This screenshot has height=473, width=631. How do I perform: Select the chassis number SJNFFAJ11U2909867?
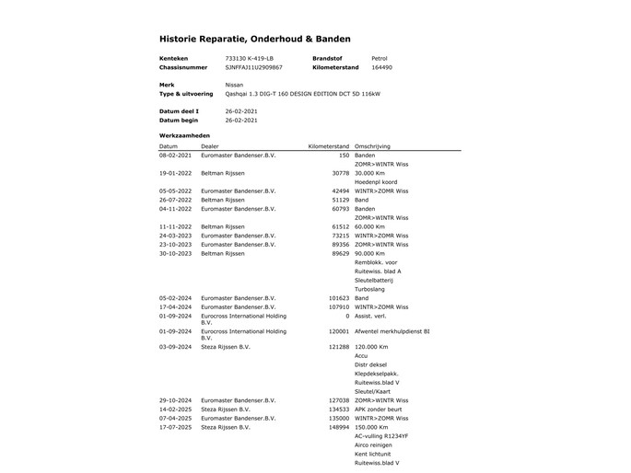click(x=253, y=67)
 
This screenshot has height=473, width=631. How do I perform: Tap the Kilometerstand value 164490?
click(x=381, y=67)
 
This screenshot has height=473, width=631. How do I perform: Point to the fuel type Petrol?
click(x=379, y=58)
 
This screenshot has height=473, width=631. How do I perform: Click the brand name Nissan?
click(x=235, y=84)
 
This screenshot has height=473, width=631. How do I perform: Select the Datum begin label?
click(x=179, y=120)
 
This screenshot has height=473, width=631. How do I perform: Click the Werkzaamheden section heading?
click(x=184, y=135)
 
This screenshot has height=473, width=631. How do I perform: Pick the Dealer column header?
click(x=210, y=146)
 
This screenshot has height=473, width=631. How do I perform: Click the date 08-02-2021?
click(x=175, y=156)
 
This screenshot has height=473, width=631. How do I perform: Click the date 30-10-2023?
click(x=175, y=253)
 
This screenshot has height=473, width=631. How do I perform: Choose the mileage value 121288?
click(x=338, y=347)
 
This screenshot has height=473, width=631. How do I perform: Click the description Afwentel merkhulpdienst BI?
click(x=391, y=329)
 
